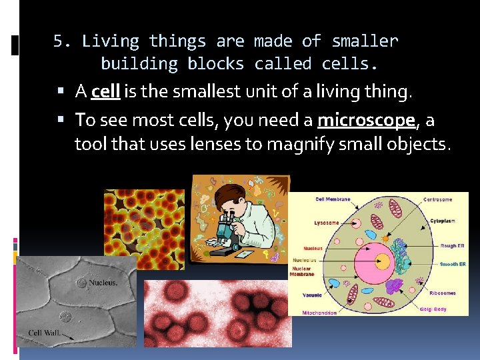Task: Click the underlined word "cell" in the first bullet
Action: [x=105, y=91]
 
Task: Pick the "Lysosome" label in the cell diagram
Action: [x=327, y=223]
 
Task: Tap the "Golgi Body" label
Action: [x=435, y=309]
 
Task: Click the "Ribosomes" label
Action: [x=443, y=292]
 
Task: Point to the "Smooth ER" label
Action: [x=453, y=264]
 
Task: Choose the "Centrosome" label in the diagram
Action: [x=437, y=199]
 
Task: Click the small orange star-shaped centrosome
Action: [x=386, y=237]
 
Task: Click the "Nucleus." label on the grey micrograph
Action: [x=103, y=283]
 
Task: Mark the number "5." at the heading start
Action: [x=62, y=41]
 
